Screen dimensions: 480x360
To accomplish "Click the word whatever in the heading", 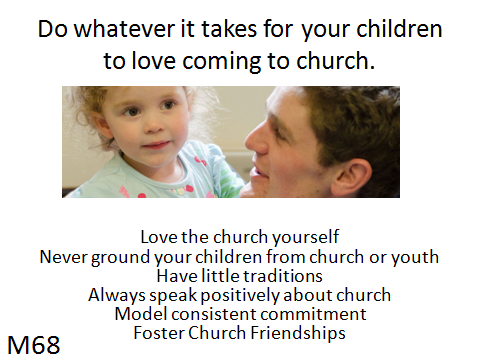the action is pyautogui.click(x=124, y=29).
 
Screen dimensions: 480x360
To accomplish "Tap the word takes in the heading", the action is pyautogui.click(x=229, y=29).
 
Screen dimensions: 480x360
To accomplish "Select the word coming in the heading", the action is pyautogui.click(x=222, y=61).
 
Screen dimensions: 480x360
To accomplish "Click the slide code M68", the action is pyautogui.click(x=34, y=345).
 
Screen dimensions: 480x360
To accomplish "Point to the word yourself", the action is pyautogui.click(x=306, y=237).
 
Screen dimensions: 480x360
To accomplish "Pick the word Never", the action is pyautogui.click(x=62, y=257).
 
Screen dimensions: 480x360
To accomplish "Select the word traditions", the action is pyautogui.click(x=283, y=276).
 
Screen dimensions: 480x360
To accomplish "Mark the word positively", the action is pyautogui.click(x=240, y=296).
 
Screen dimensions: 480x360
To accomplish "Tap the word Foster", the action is pyautogui.click(x=159, y=333).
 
